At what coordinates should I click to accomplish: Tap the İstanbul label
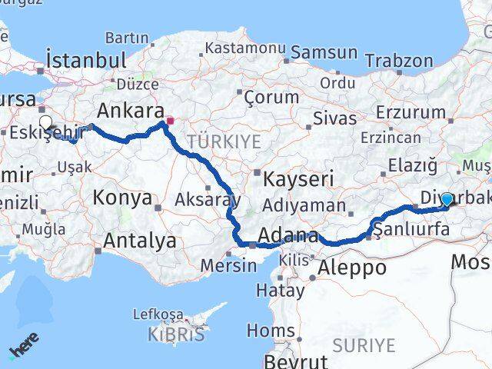click(x=85, y=59)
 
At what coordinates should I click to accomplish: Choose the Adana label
click(x=288, y=235)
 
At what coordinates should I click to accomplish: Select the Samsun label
click(x=324, y=53)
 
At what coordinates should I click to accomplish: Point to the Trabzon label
click(x=399, y=60)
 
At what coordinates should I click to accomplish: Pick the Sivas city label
click(x=335, y=118)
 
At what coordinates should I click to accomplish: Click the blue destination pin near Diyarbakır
click(x=447, y=200)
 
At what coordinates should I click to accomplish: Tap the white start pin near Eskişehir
click(x=46, y=122)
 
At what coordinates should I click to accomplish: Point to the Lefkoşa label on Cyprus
click(x=158, y=314)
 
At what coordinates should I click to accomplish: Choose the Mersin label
click(x=228, y=266)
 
